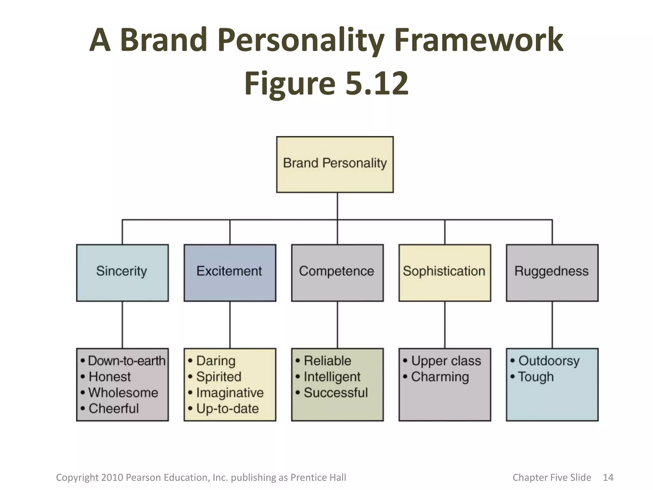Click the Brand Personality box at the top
coord(335,164)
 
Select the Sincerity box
coord(122,272)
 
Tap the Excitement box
coord(230,272)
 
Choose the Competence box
coord(337,272)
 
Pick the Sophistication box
coord(444,272)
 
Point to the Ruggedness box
coord(552,272)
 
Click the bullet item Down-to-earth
coord(127,361)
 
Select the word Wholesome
coord(123,393)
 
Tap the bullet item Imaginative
coord(230,393)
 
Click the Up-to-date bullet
coord(227,409)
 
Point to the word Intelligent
coord(332,377)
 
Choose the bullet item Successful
coord(336,393)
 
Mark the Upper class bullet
coord(446,361)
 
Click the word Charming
coord(440,377)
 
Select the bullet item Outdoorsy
coord(549,361)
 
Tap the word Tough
coord(536,377)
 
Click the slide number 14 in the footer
coord(608,477)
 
